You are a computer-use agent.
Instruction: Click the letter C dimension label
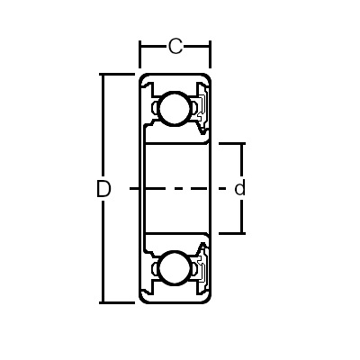pos(175,47)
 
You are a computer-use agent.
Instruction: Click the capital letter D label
pos(103,189)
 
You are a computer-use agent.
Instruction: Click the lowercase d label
pos(239,188)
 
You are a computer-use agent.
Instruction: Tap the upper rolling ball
pos(175,108)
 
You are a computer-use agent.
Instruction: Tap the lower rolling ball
pos(175,268)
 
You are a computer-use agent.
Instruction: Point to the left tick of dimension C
pos(139,54)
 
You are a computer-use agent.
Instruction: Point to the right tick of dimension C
pos(210,54)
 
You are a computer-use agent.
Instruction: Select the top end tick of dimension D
pos(117,74)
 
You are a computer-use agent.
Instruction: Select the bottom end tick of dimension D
pos(117,302)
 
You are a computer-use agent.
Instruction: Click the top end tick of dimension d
pos(232,144)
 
